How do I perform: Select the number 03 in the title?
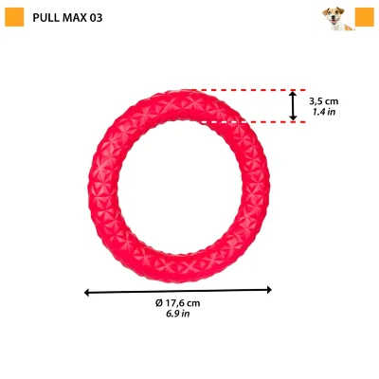(x=96, y=18)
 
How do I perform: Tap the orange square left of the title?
(x=14, y=17)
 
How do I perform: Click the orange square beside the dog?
(x=365, y=17)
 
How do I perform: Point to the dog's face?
(x=334, y=16)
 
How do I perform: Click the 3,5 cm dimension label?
(x=324, y=101)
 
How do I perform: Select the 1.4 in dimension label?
(x=324, y=112)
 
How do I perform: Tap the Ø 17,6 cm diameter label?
(x=178, y=303)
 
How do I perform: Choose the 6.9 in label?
(x=178, y=314)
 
